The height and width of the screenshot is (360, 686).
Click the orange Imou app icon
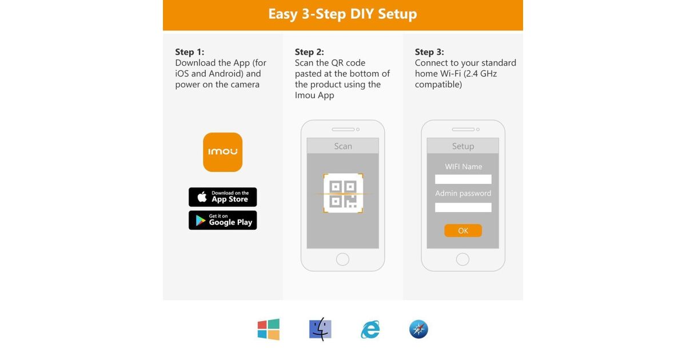(222, 152)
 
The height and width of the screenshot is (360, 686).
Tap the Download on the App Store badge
(222, 197)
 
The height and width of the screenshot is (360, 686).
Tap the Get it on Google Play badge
(222, 220)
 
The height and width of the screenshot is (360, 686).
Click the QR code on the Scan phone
(343, 193)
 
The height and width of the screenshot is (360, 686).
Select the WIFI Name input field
(463, 179)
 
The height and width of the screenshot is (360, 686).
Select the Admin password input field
(463, 207)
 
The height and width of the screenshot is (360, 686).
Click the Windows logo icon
(269, 329)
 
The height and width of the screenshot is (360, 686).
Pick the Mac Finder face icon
(320, 329)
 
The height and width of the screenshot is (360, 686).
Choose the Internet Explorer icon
(370, 329)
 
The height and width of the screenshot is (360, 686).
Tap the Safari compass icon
(418, 329)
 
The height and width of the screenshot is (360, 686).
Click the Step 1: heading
(190, 52)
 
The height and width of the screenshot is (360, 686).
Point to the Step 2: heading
(309, 52)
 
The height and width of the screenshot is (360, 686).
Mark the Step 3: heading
(429, 52)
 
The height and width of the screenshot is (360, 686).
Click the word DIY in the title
(362, 14)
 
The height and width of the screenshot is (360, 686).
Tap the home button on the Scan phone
(342, 259)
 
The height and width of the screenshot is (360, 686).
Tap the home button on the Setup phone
(462, 259)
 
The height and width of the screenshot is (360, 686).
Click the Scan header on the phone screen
(343, 146)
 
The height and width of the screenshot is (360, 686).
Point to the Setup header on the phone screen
(463, 146)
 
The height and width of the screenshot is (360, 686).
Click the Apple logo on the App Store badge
(202, 197)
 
